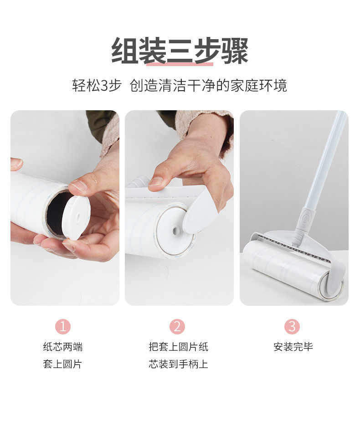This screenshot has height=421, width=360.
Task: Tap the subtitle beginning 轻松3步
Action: [180, 85]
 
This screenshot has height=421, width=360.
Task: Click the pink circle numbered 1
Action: [63, 326]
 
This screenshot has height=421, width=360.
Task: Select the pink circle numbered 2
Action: [177, 326]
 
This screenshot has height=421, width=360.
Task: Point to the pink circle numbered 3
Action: [292, 326]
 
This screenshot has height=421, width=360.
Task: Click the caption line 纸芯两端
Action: [63, 347]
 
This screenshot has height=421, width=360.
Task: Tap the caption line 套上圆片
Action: [63, 364]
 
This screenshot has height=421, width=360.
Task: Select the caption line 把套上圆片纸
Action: [178, 347]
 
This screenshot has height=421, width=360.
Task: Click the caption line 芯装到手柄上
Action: [178, 364]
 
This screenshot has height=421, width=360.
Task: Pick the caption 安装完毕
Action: [293, 347]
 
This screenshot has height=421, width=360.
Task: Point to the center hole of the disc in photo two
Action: [176, 231]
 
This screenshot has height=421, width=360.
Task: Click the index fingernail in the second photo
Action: [155, 181]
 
